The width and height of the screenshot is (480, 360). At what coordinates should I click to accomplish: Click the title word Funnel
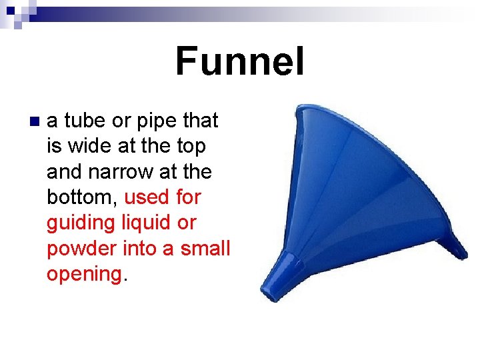(x=239, y=61)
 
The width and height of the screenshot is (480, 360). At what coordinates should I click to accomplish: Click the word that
(x=200, y=121)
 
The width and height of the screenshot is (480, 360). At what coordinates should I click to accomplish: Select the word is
(x=53, y=146)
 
